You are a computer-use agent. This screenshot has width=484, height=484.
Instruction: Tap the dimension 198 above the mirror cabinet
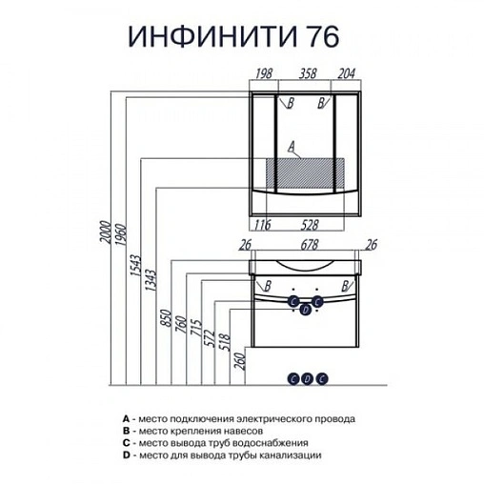tap(264, 72)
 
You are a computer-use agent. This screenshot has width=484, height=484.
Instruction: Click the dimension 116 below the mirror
tap(263, 225)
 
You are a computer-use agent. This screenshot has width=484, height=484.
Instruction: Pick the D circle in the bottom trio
tap(306, 377)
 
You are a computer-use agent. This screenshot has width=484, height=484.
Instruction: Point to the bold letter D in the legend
tap(126, 456)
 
